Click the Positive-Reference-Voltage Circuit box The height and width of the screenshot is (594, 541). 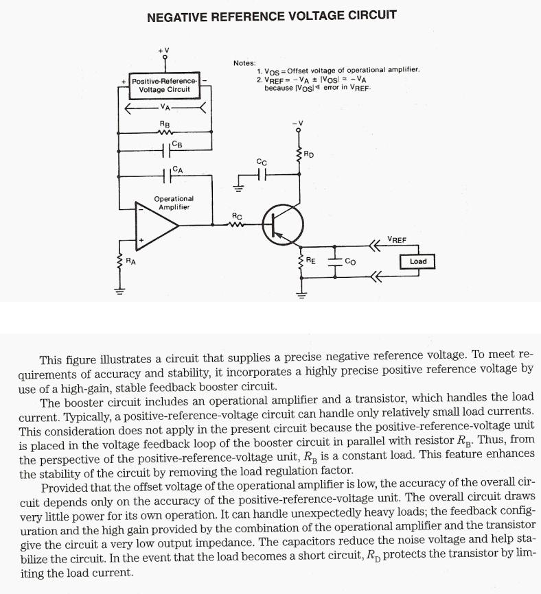click(164, 84)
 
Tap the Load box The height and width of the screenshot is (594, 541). click(417, 261)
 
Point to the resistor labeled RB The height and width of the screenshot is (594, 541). click(165, 132)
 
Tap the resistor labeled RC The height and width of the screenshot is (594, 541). click(237, 224)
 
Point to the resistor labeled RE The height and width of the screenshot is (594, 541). click(300, 262)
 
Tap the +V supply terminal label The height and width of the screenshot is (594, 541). click(163, 49)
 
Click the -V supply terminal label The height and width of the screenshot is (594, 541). click(298, 123)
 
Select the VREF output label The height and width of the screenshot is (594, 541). click(396, 239)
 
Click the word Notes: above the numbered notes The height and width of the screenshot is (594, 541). click(244, 63)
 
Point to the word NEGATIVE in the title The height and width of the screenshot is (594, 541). click(179, 15)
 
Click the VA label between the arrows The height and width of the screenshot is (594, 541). click(165, 107)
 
